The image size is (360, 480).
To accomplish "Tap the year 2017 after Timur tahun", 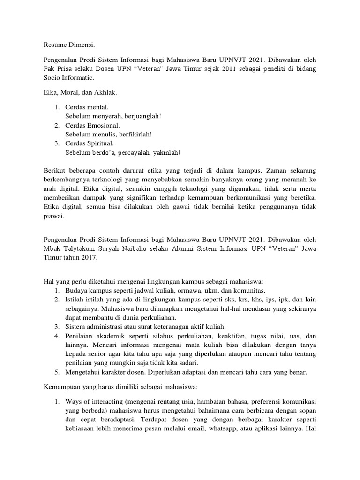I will (x=89, y=258).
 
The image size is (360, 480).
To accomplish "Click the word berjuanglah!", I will (x=139, y=116).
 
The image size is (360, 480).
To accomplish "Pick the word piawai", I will (x=53, y=217).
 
